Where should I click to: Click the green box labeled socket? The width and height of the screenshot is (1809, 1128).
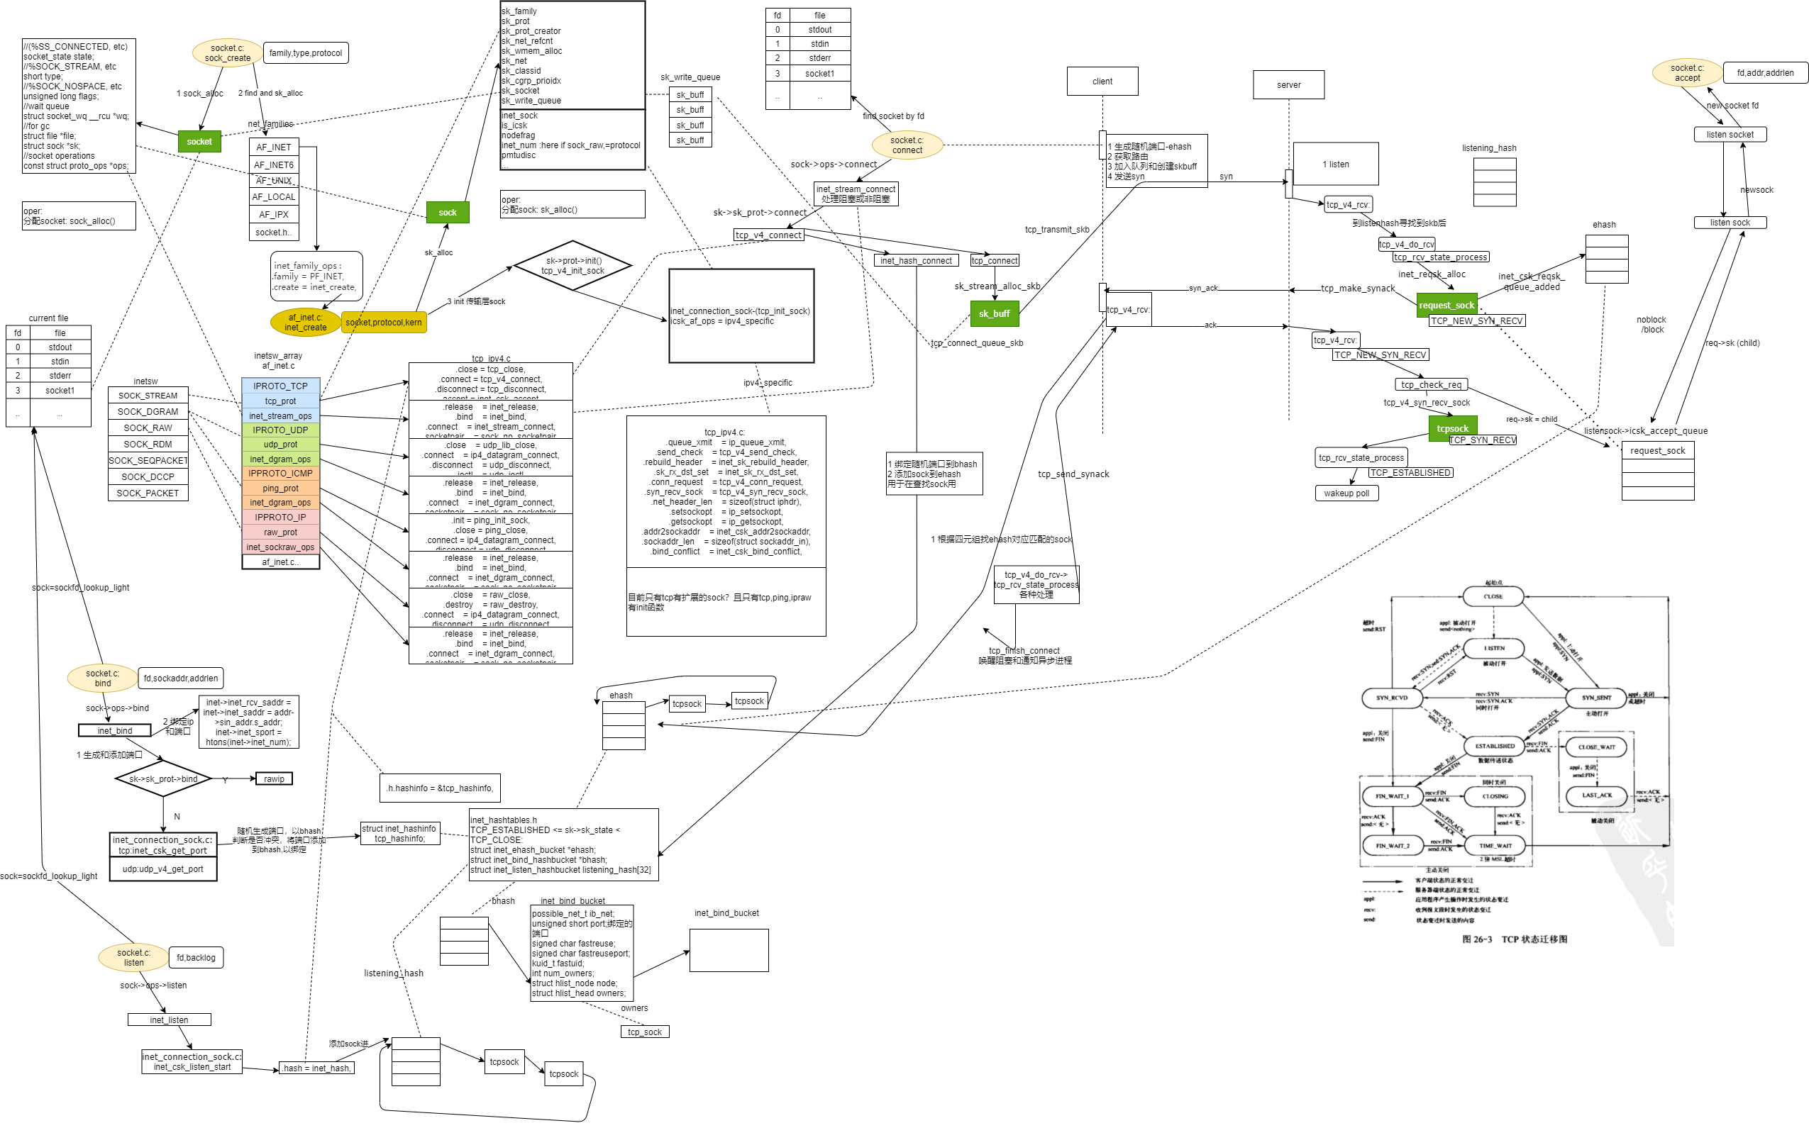tap(199, 142)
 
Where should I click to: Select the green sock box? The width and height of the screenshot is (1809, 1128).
tap(447, 213)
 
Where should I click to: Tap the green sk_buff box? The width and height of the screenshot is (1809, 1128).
tap(994, 314)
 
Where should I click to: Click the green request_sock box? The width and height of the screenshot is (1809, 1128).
tap(1446, 305)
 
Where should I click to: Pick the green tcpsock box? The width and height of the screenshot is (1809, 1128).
tap(1452, 428)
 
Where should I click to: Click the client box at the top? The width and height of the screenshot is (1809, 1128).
tap(1102, 82)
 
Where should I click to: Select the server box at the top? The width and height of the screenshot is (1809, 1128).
tap(1288, 85)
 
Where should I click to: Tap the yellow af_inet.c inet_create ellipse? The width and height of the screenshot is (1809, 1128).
tap(305, 323)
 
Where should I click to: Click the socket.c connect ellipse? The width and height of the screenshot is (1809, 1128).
tap(907, 145)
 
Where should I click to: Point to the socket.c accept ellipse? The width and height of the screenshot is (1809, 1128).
tap(1688, 72)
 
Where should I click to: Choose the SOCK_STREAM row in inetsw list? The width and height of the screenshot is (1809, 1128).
tap(148, 396)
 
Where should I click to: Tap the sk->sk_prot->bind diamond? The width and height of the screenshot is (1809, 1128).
tap(162, 779)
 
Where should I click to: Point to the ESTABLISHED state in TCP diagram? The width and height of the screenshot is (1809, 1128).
tap(1495, 746)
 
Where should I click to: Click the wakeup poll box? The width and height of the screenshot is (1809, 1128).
tap(1346, 493)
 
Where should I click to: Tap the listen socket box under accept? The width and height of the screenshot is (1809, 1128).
tap(1729, 134)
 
